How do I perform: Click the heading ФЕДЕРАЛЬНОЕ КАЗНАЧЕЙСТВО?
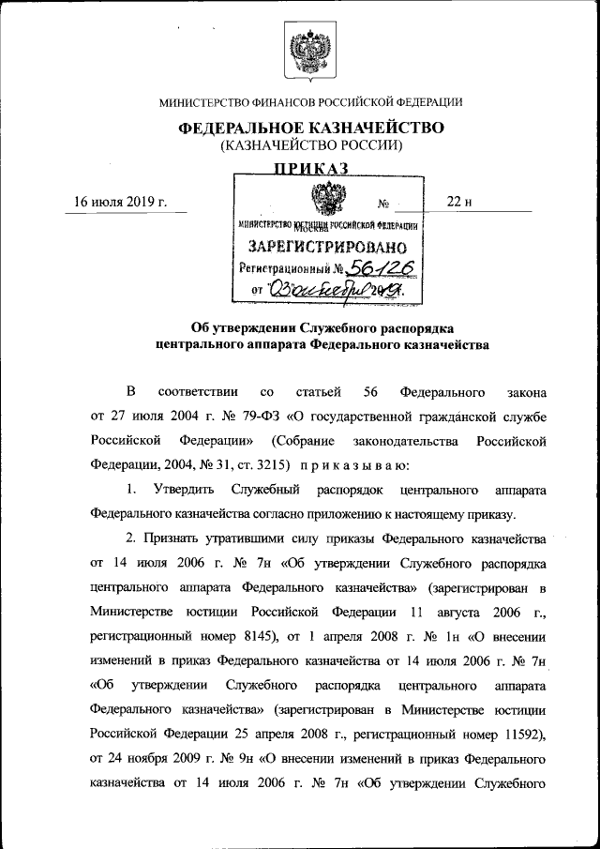pyautogui.click(x=310, y=128)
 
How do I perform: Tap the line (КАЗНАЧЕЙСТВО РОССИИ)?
pyautogui.click(x=310, y=145)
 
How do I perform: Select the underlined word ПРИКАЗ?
pyautogui.click(x=310, y=169)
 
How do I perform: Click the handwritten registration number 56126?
pyautogui.click(x=376, y=269)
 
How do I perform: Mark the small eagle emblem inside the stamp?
pyautogui.click(x=327, y=201)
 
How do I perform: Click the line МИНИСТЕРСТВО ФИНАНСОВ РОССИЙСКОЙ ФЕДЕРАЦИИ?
pyautogui.click(x=310, y=101)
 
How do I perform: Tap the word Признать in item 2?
pyautogui.click(x=180, y=540)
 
